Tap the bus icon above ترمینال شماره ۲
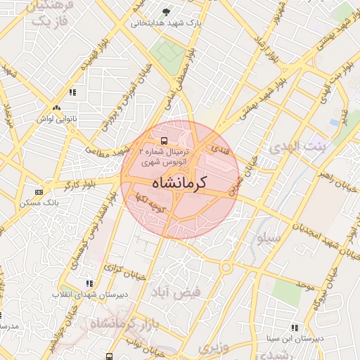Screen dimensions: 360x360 tap(164, 140)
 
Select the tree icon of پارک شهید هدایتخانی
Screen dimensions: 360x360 tap(166, 12)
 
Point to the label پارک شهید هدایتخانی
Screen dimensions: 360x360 tap(166, 22)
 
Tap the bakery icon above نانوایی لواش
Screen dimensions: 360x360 tap(56, 108)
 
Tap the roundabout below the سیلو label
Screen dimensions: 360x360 tap(226, 268)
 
